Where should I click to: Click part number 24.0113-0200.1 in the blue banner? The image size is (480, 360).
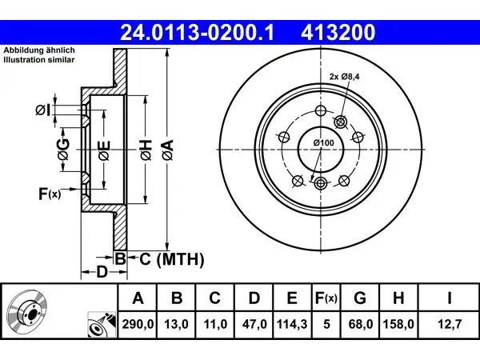[x=197, y=33]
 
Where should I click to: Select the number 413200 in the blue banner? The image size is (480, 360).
[x=338, y=33]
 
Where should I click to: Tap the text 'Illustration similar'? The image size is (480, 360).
[x=39, y=60]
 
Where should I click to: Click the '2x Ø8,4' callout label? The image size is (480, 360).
[x=344, y=77]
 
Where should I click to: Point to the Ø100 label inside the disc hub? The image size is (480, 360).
[x=324, y=142]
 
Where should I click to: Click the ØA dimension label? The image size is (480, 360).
[x=168, y=150]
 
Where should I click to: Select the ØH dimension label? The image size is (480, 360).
[x=146, y=150]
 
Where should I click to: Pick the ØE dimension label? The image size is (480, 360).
[x=104, y=150]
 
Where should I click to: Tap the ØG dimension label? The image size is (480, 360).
[x=63, y=150]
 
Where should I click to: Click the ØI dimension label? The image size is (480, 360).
[x=43, y=110]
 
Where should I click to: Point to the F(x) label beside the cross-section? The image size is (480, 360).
[x=50, y=194]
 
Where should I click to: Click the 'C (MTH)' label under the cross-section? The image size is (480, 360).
[x=172, y=259]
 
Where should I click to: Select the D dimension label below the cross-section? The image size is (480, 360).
[x=102, y=272]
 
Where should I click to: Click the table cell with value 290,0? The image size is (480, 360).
[x=138, y=324]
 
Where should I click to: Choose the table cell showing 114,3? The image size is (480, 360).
[x=292, y=324]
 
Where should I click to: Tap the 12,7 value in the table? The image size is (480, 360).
[x=449, y=324]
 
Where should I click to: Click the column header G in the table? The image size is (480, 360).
[x=360, y=298]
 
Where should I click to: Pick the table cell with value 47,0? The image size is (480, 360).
[x=254, y=324]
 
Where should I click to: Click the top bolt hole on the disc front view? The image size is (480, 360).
[x=321, y=110]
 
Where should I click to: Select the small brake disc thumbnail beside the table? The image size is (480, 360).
[x=27, y=311]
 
